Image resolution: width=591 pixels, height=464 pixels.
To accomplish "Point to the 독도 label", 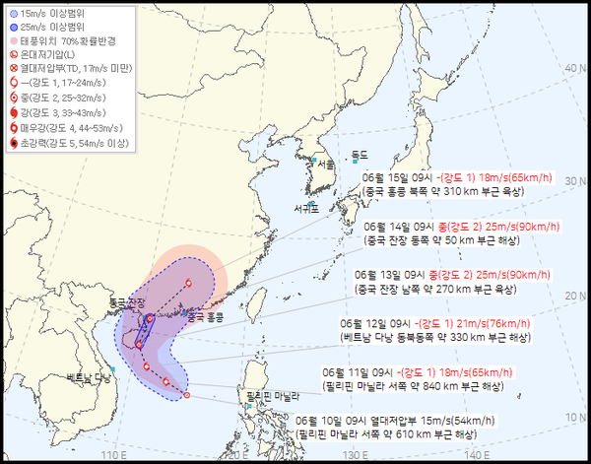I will click(360, 156).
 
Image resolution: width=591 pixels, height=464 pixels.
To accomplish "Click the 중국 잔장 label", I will click(126, 301).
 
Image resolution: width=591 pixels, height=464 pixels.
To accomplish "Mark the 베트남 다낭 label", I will click(86, 377).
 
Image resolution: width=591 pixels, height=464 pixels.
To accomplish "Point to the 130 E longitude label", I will click(361, 454).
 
